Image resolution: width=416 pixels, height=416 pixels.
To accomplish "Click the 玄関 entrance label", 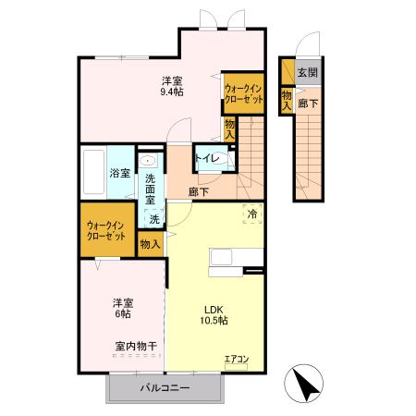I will (x=306, y=72).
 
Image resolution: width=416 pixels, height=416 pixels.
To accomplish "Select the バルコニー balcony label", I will (x=165, y=387).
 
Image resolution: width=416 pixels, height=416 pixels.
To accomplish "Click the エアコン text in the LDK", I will (x=237, y=359).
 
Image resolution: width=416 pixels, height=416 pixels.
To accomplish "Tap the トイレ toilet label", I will (x=207, y=158).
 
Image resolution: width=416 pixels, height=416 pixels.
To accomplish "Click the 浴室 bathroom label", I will (x=119, y=172).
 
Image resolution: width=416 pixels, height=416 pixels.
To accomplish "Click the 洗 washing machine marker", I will (x=154, y=219).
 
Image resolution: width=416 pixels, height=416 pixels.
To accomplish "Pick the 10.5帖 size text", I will (x=215, y=320).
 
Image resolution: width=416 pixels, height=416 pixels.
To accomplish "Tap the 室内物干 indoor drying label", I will (x=135, y=346).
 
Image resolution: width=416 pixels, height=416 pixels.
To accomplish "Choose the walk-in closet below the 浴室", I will (x=106, y=228).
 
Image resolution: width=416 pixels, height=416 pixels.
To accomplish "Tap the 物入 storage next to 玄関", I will (x=287, y=100).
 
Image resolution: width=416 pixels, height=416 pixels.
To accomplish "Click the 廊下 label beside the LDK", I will (x=198, y=191).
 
